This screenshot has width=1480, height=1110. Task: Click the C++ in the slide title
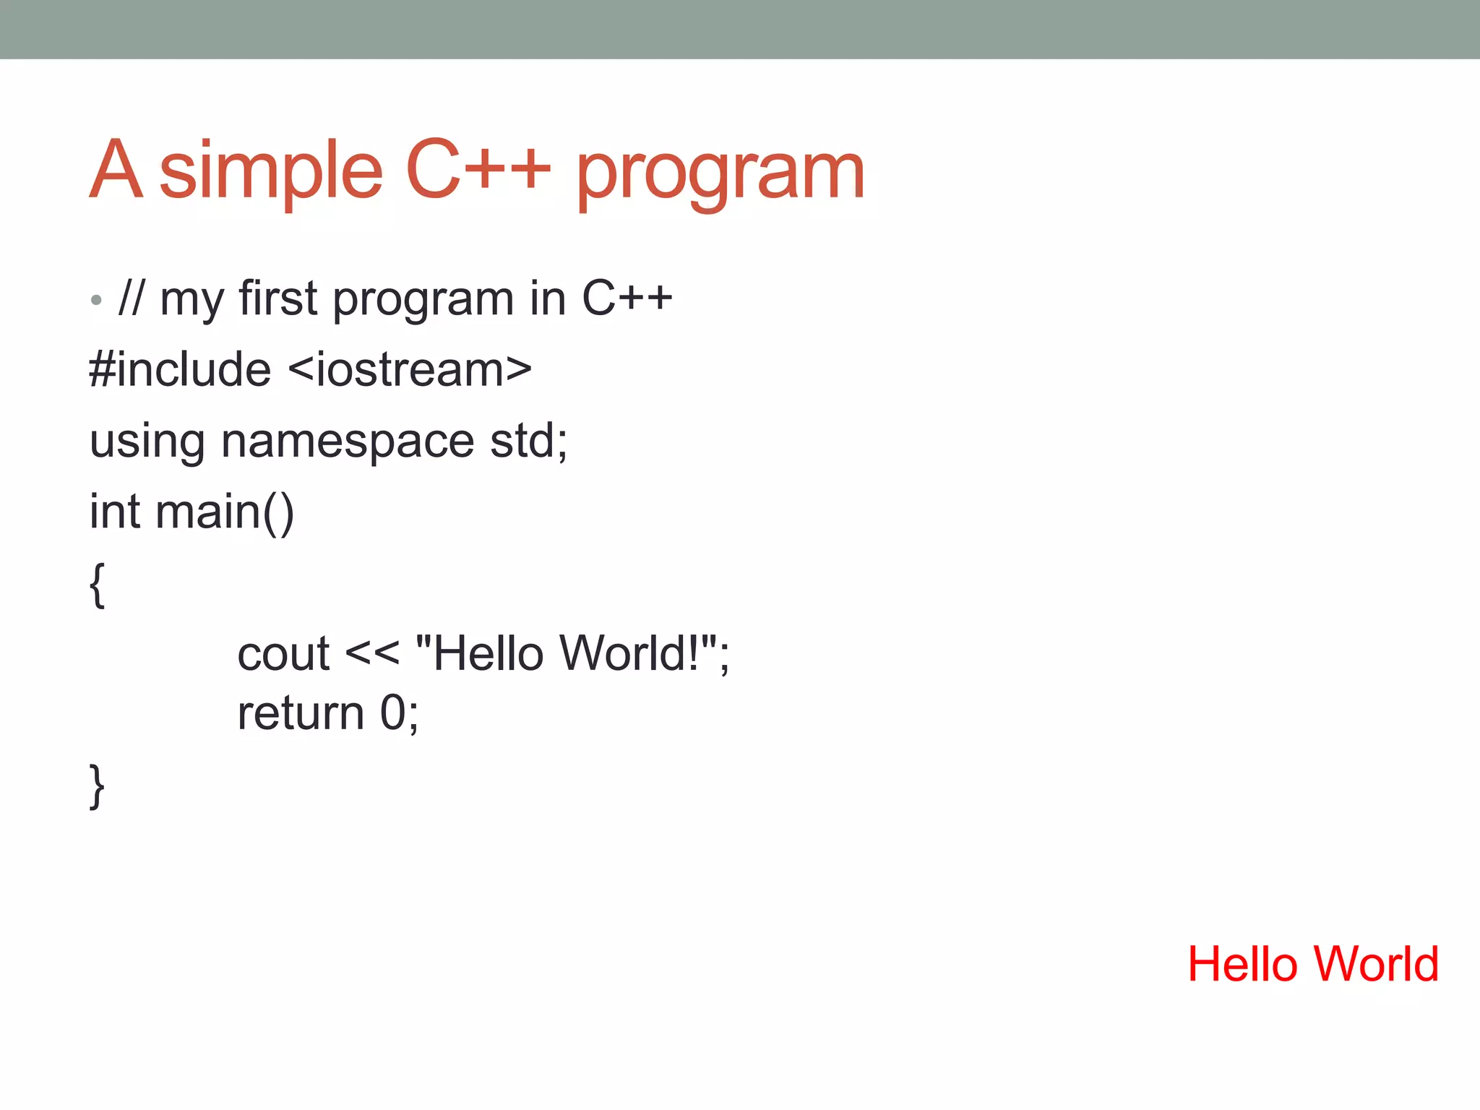[x=478, y=171]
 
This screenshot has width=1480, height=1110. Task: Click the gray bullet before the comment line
[x=96, y=300]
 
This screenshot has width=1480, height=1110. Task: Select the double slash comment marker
[x=132, y=298]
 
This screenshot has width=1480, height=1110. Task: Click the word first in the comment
[x=277, y=298]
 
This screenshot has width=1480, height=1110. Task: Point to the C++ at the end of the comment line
[x=627, y=298]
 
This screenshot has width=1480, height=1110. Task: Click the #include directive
[x=180, y=369]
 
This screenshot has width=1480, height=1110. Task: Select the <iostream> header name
[x=410, y=369]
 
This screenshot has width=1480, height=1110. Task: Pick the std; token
[x=529, y=440]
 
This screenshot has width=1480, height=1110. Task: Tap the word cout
[x=283, y=654]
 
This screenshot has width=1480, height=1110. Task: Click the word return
[x=301, y=714]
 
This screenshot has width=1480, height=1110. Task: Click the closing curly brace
[x=98, y=786]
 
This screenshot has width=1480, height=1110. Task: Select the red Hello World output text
[x=1313, y=964]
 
